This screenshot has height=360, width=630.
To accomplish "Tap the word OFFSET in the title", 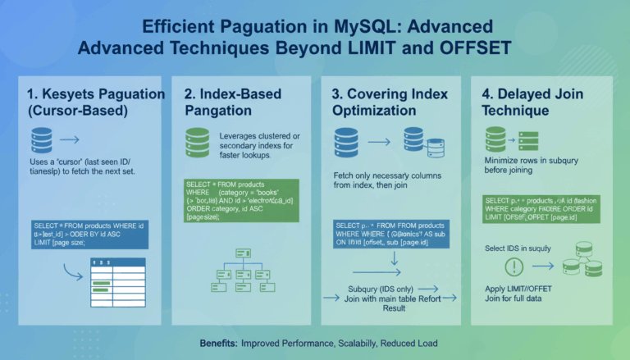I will pyautogui.click(x=468, y=48).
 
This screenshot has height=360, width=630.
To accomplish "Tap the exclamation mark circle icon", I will pyautogui.click(x=514, y=267).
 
